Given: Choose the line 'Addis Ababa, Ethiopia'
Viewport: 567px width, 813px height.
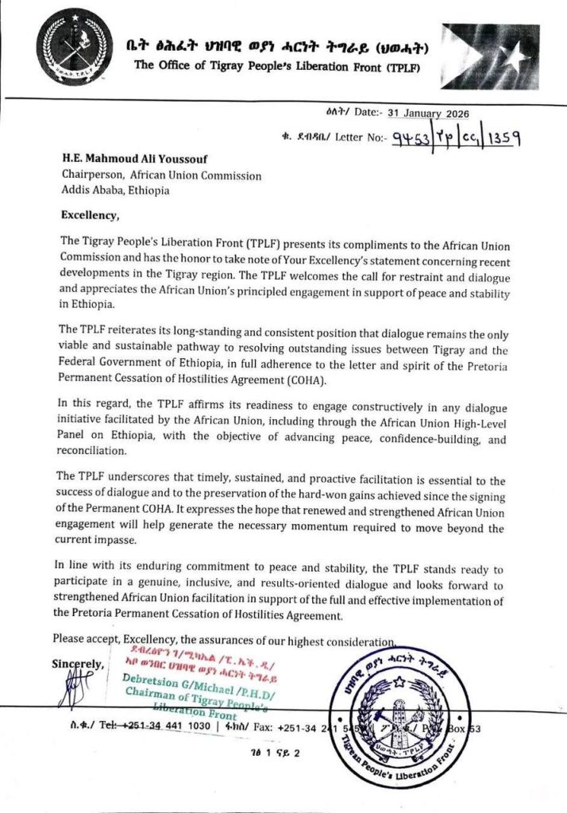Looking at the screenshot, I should click(x=115, y=191).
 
